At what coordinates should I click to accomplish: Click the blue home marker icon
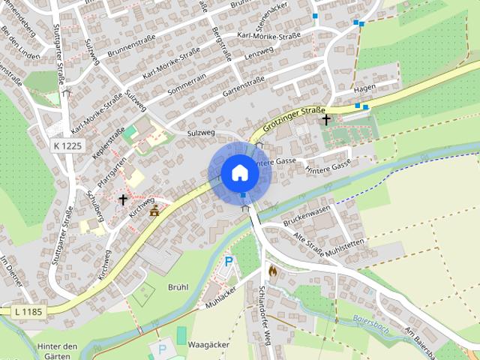point(240,172)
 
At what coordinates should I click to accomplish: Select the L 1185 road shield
point(29,310)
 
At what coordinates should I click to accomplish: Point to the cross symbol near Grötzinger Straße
point(325,118)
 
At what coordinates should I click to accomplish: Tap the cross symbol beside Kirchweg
point(123,199)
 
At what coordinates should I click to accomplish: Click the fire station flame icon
point(272,271)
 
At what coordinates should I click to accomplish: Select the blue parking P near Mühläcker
point(229,262)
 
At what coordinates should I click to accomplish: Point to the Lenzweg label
point(259,53)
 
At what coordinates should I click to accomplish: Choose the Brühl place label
point(178,286)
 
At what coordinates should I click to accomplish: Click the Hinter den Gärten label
point(57,352)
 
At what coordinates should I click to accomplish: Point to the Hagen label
point(364,88)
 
